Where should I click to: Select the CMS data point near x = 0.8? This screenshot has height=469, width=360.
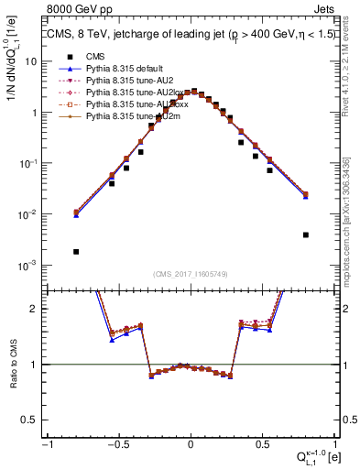point(305,234)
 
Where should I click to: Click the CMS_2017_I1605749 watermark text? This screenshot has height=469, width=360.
point(191,274)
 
